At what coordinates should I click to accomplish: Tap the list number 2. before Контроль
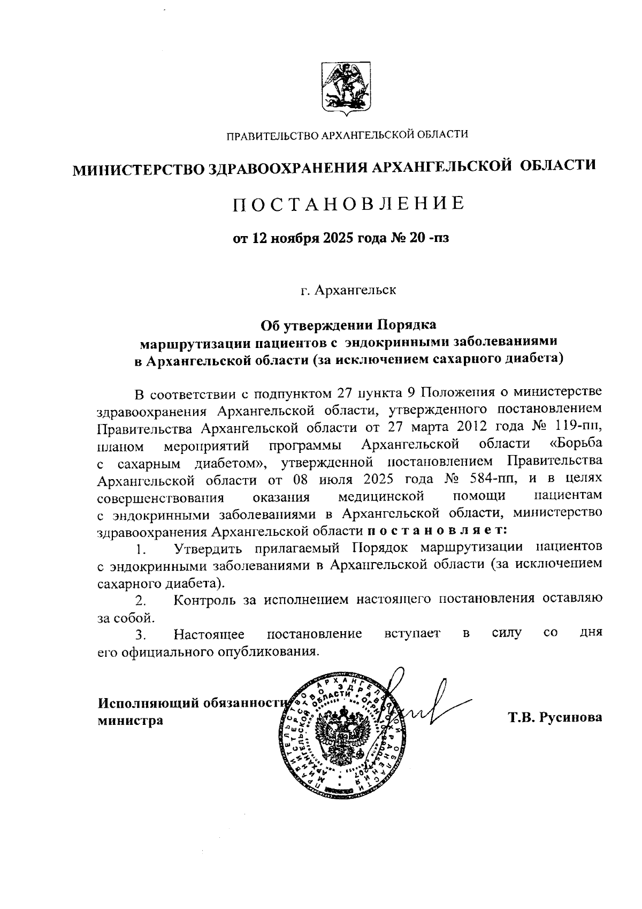click(x=141, y=600)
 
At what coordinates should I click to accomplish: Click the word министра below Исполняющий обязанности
click(x=130, y=721)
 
